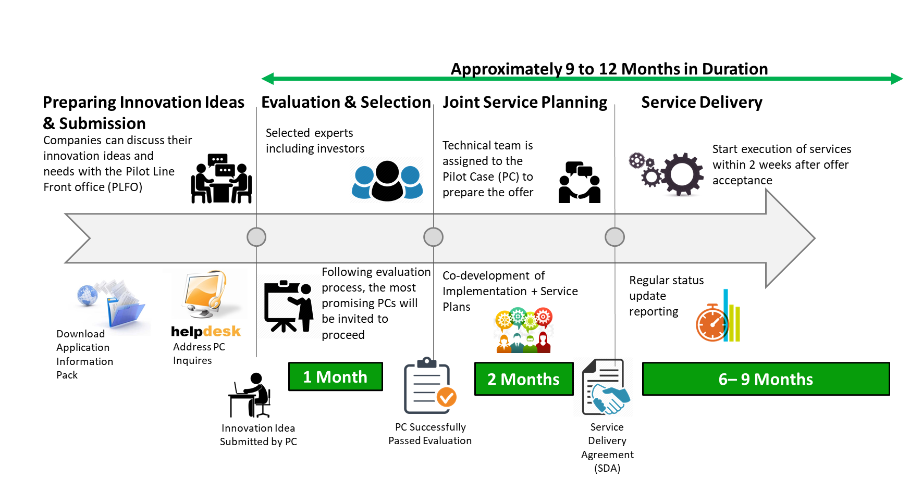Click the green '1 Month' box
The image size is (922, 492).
click(x=335, y=376)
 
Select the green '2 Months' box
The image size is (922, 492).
click(x=523, y=379)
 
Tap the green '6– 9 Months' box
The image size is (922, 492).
click(x=765, y=379)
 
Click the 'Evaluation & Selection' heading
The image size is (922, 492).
click(x=346, y=102)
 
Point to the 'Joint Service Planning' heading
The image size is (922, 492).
click(x=524, y=102)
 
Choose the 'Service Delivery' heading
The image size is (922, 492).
click(x=702, y=102)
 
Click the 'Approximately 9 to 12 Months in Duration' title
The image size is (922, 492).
click(x=609, y=69)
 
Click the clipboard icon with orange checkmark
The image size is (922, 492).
click(x=429, y=386)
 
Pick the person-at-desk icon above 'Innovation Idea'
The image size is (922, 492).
click(x=250, y=395)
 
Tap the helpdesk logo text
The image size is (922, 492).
click(x=205, y=331)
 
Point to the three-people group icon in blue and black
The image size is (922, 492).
click(x=387, y=181)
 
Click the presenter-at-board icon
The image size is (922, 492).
click(x=288, y=307)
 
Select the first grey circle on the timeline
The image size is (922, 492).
click(x=256, y=237)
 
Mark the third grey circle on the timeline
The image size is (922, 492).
click(x=614, y=237)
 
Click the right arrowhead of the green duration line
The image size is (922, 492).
click(x=896, y=79)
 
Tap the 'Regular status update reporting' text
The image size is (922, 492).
click(x=666, y=296)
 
